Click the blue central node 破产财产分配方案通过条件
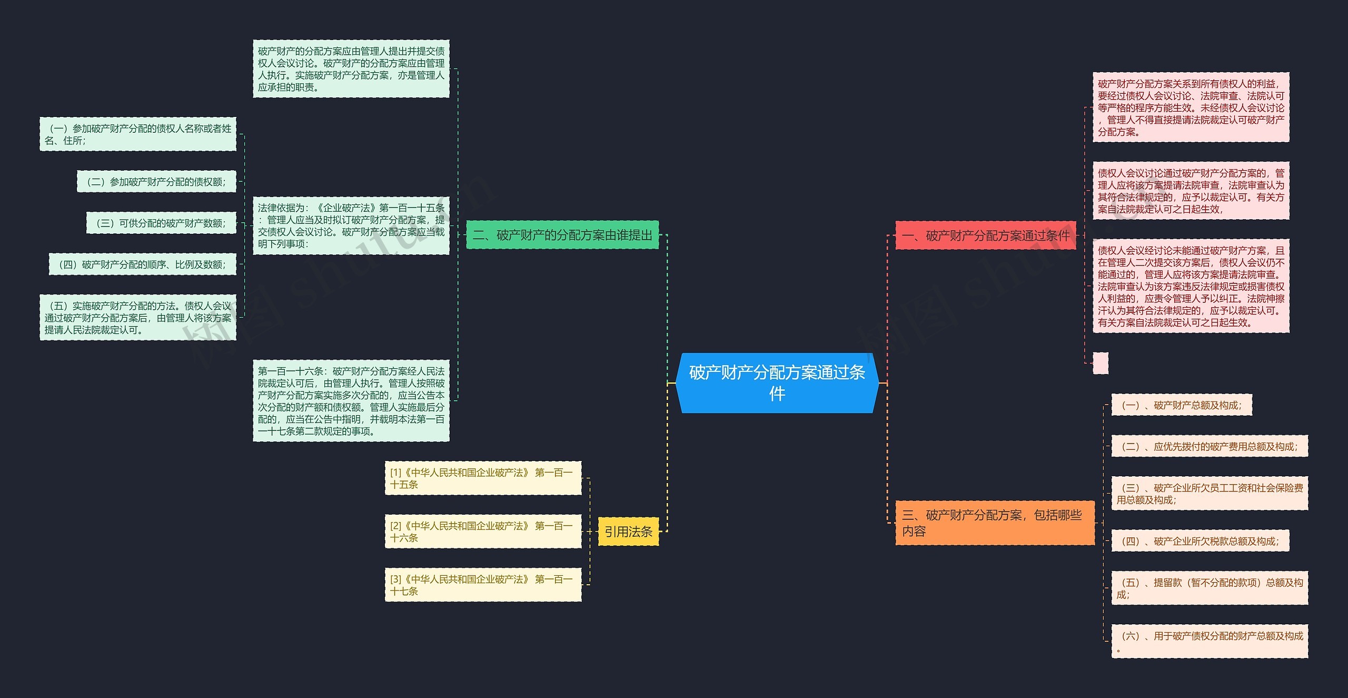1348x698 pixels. tap(777, 383)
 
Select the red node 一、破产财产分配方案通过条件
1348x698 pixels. tap(985, 235)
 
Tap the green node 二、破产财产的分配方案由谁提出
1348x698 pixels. tap(562, 235)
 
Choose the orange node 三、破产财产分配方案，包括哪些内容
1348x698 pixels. tap(994, 523)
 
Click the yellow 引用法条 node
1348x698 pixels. tap(628, 532)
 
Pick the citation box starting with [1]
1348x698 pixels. tap(483, 478)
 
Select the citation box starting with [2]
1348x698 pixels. tap(483, 532)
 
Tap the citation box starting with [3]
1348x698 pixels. tap(483, 585)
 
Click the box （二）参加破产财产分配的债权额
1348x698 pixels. tap(156, 182)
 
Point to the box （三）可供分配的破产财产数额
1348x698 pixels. tap(161, 223)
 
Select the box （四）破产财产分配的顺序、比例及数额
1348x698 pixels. tap(142, 264)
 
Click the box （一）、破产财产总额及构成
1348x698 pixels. tap(1181, 405)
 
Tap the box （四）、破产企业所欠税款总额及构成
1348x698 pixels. tap(1200, 541)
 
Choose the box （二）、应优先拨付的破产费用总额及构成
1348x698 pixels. tap(1210, 447)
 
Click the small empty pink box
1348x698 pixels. tap(1100, 363)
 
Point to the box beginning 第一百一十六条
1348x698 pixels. tap(351, 401)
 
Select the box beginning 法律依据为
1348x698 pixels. tap(351, 226)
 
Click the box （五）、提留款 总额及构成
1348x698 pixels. tap(1210, 588)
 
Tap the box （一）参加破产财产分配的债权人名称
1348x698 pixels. tap(138, 134)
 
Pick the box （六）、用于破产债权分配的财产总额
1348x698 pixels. tap(1210, 642)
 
